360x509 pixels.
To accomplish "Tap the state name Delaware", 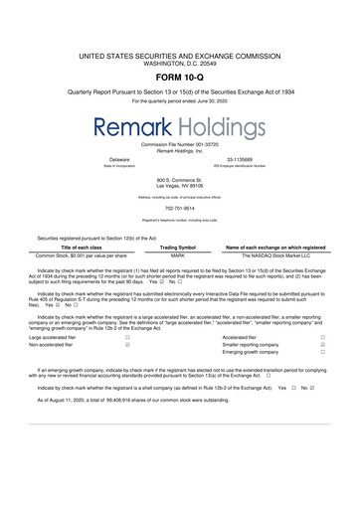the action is tap(119, 158).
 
